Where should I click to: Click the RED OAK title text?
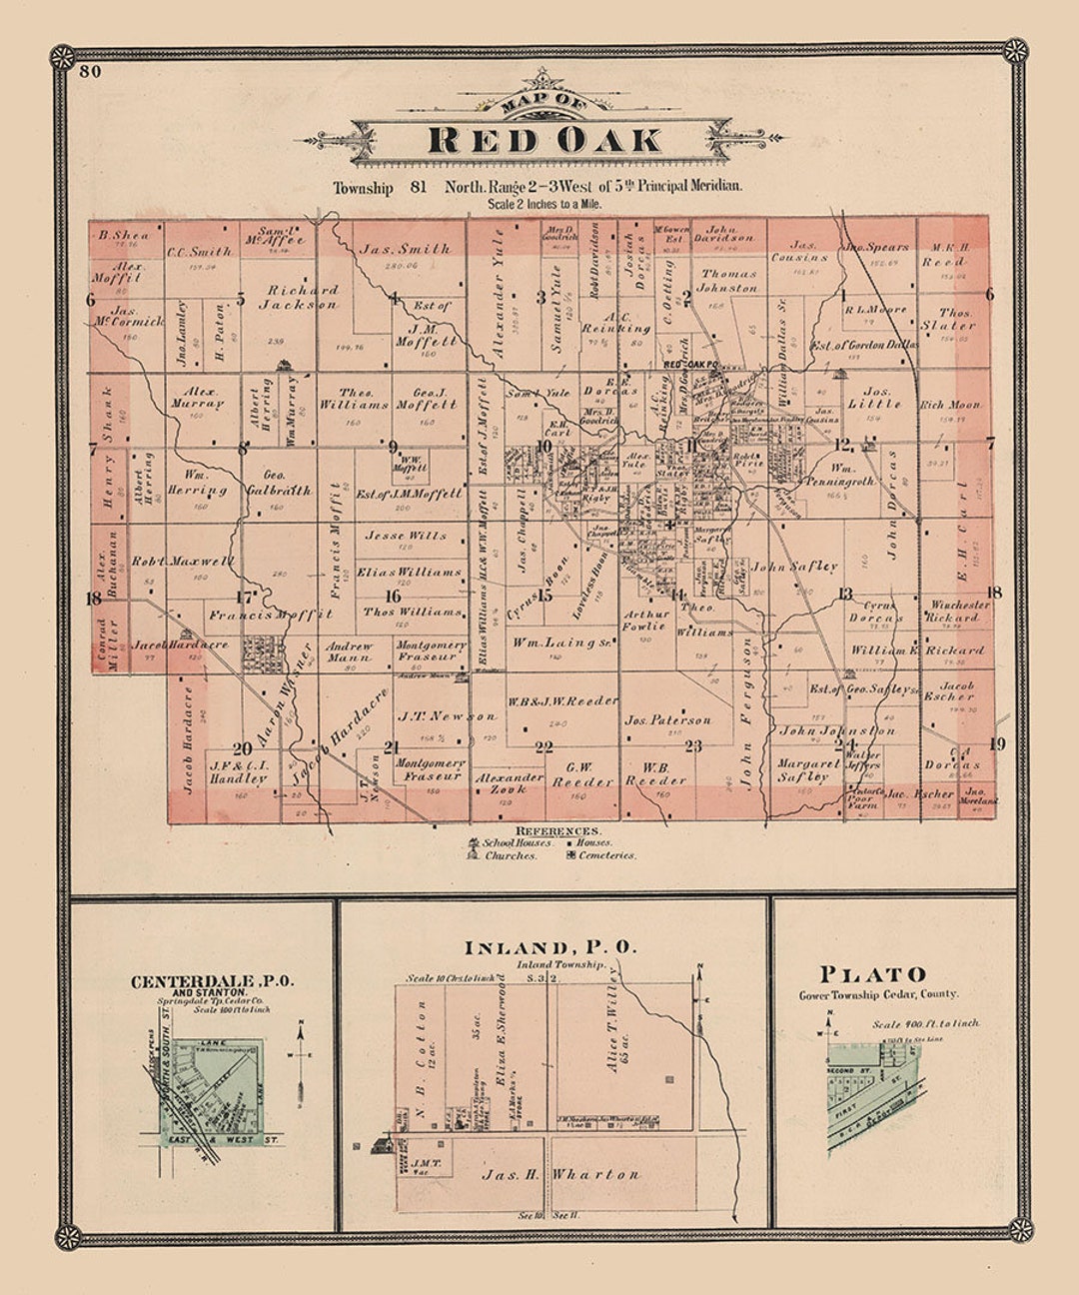click(x=544, y=139)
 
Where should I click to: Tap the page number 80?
click(x=91, y=71)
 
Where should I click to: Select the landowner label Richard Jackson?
click(x=300, y=297)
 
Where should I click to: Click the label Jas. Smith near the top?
click(x=405, y=249)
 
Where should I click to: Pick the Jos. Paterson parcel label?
click(x=667, y=719)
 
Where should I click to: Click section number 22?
click(x=543, y=746)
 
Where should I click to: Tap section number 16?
click(x=394, y=596)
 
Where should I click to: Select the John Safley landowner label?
click(x=794, y=566)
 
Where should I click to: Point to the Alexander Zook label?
click(x=509, y=782)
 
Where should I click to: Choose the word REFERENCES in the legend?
click(x=558, y=830)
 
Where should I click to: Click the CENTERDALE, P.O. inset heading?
click(x=212, y=981)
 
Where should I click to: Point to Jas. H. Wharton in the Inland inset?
click(x=559, y=1175)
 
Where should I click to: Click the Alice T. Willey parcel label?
click(x=611, y=1029)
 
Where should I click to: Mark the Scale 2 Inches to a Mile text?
click(x=544, y=204)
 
